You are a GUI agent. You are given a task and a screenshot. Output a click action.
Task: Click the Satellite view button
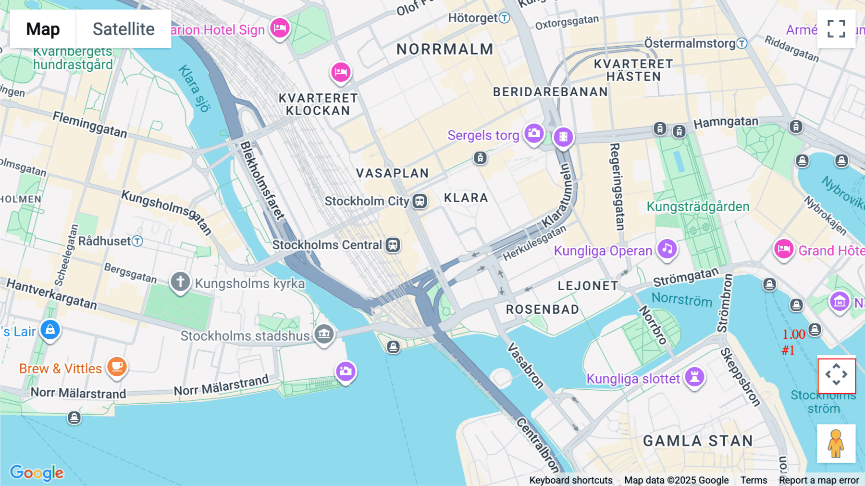124,29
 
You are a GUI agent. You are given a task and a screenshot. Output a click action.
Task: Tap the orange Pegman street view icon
836,443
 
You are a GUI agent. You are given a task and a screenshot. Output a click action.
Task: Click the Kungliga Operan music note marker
667,249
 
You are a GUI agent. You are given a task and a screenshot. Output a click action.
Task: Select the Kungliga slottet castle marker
694,376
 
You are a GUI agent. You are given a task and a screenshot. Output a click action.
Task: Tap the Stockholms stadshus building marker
324,333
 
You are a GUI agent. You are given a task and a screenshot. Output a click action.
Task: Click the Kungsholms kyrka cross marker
180,281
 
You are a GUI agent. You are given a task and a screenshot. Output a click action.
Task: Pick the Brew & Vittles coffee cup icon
117,367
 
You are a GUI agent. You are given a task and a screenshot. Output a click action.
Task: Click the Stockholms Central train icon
393,245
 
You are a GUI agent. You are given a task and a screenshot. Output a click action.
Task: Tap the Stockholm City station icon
420,201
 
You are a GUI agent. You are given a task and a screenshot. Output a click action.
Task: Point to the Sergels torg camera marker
534,133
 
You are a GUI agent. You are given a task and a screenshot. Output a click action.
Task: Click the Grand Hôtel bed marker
783,249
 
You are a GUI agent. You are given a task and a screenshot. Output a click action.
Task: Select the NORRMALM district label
445,49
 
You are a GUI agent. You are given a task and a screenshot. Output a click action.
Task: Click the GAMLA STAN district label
698,441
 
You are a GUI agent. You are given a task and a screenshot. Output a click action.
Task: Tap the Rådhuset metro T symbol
137,241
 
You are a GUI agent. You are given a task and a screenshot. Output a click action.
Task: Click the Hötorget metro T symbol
504,18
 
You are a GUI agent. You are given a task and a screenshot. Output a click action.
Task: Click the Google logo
37,473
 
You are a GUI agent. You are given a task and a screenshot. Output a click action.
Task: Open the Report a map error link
819,480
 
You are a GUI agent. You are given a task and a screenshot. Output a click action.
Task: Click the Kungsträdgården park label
698,207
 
